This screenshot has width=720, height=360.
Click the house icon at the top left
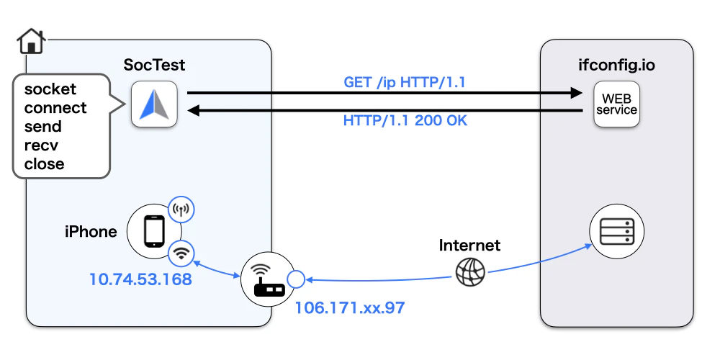pyautogui.click(x=31, y=41)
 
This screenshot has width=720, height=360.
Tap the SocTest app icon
pyautogui.click(x=154, y=104)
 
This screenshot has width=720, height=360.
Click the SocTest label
pyautogui.click(x=154, y=65)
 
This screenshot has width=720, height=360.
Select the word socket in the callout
pyautogui.click(x=50, y=89)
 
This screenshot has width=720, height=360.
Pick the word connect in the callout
pyautogui.click(x=55, y=107)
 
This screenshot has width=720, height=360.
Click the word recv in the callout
pyautogui.click(x=41, y=145)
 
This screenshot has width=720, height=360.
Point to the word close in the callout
pyautogui.click(x=44, y=163)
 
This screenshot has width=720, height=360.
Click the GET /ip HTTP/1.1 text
pyautogui.click(x=405, y=82)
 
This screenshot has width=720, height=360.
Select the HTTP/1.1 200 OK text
pyautogui.click(x=405, y=120)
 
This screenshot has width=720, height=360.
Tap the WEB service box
pyautogui.click(x=617, y=104)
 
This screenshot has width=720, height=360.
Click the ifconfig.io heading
pyautogui.click(x=617, y=65)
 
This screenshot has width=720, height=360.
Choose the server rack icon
pyautogui.click(x=617, y=231)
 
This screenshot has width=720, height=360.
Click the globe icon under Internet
pyautogui.click(x=470, y=272)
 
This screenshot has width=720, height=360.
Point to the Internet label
pyautogui.click(x=469, y=246)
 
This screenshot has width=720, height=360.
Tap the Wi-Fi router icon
pyautogui.click(x=268, y=279)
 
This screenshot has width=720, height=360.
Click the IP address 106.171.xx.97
pyautogui.click(x=349, y=307)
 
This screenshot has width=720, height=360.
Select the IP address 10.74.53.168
pyautogui.click(x=140, y=279)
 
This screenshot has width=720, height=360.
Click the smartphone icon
pyautogui.click(x=154, y=231)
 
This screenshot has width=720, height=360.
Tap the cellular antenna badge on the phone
pyautogui.click(x=181, y=210)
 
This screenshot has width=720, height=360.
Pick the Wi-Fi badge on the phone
pyautogui.click(x=181, y=253)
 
